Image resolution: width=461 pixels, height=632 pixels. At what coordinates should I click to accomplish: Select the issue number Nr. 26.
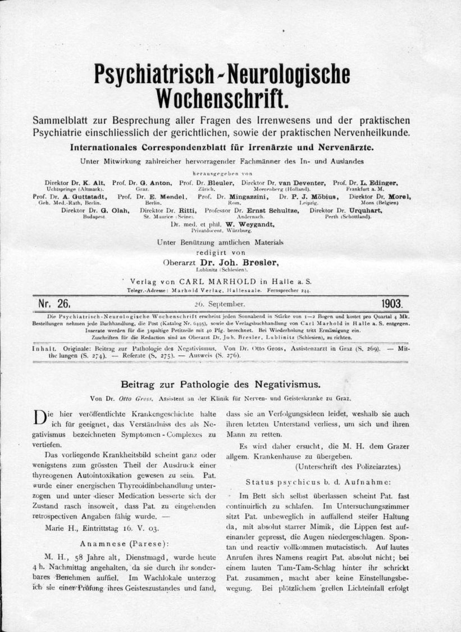[x=54, y=304]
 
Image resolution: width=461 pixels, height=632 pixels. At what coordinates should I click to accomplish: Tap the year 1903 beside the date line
[x=396, y=304]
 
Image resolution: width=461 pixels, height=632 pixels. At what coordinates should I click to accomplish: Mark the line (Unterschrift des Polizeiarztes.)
[x=348, y=466]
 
